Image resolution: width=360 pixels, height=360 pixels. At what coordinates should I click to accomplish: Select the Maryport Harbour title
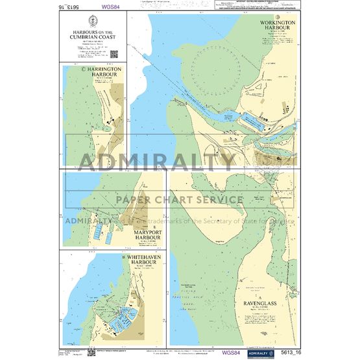(x=141, y=235)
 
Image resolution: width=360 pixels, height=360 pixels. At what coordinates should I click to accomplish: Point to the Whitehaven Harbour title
(x=141, y=262)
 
